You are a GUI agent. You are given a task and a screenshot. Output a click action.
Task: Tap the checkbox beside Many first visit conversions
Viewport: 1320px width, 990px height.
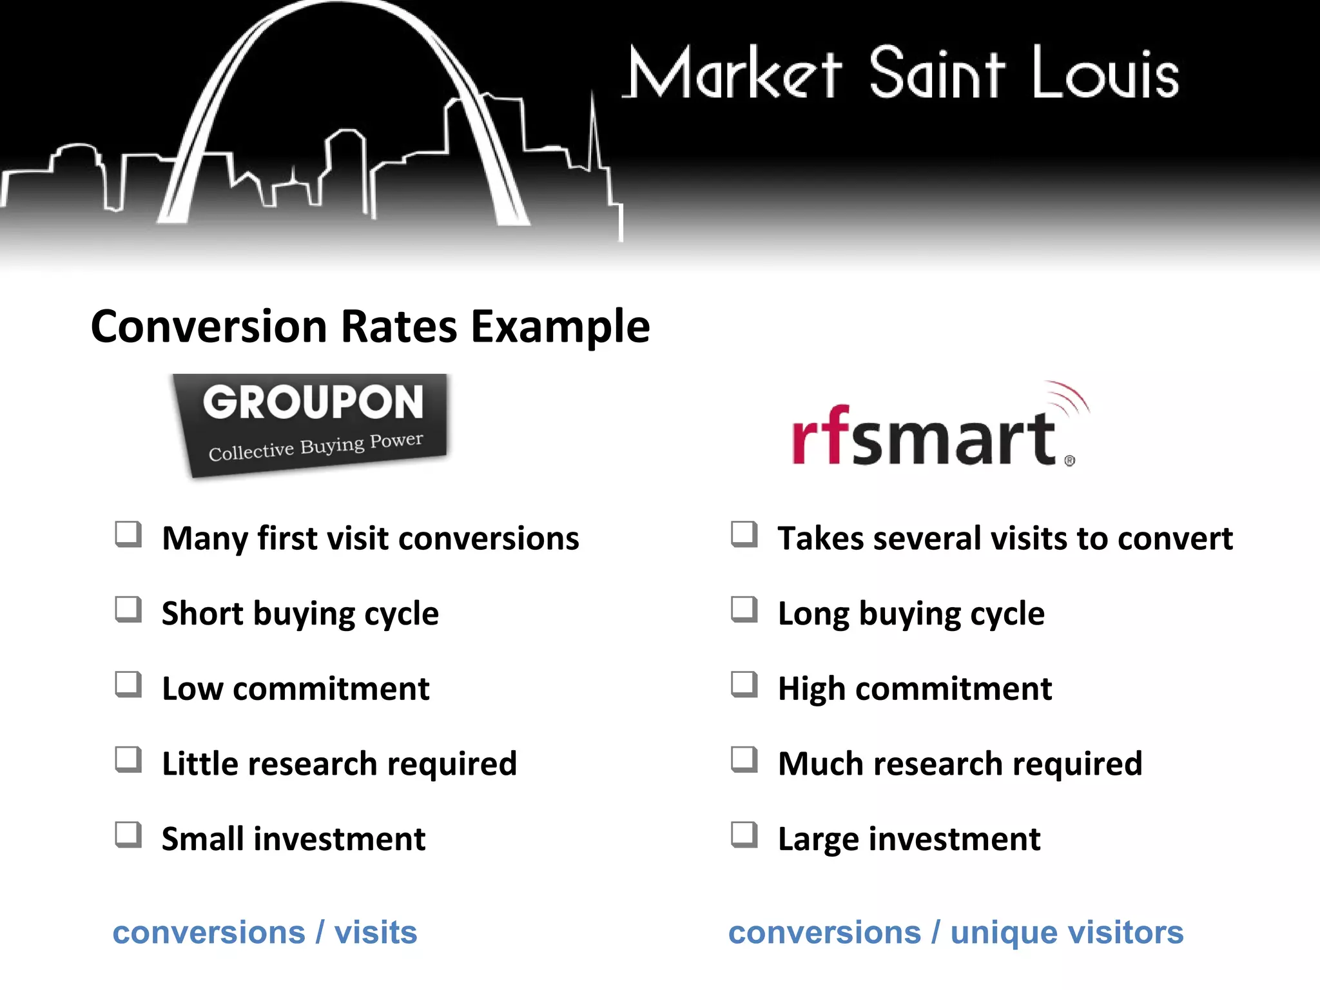click(128, 534)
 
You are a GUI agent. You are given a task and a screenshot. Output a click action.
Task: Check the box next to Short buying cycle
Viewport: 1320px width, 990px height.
click(128, 609)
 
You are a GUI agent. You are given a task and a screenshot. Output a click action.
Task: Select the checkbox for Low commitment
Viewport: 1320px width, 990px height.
click(128, 684)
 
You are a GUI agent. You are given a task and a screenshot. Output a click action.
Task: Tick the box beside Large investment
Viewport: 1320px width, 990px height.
click(744, 835)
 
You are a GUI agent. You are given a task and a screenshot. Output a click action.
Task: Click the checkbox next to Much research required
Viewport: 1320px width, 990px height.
click(744, 759)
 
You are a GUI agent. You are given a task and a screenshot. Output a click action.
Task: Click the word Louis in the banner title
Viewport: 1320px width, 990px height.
click(1105, 74)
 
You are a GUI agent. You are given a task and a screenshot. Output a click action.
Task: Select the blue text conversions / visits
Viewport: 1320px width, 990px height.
click(265, 933)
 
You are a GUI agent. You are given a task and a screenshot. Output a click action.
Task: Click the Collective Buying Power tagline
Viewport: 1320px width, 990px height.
click(316, 447)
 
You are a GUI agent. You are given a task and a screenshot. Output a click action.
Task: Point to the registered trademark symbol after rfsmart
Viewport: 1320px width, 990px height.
click(1070, 461)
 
